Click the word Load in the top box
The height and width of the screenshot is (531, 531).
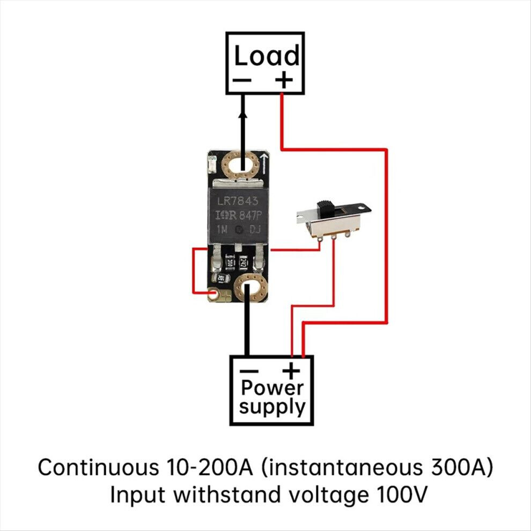[x=267, y=56]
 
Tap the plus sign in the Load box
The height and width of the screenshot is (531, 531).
[x=284, y=80]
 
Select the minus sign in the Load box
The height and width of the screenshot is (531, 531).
[x=242, y=80]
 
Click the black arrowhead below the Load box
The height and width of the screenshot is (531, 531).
[x=243, y=116]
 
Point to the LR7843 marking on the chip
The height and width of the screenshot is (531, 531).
[x=238, y=201]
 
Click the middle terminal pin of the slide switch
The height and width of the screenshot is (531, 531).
[x=334, y=237]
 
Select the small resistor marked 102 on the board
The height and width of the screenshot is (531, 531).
[x=223, y=278]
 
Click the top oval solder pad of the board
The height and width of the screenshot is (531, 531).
[x=241, y=166]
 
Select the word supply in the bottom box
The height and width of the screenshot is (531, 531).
[x=272, y=407]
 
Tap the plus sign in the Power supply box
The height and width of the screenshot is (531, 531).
[x=291, y=371]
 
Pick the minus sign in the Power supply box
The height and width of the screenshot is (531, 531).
[x=249, y=371]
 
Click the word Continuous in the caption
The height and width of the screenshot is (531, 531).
[x=99, y=467]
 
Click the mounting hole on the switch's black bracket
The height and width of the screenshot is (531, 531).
[x=363, y=206]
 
